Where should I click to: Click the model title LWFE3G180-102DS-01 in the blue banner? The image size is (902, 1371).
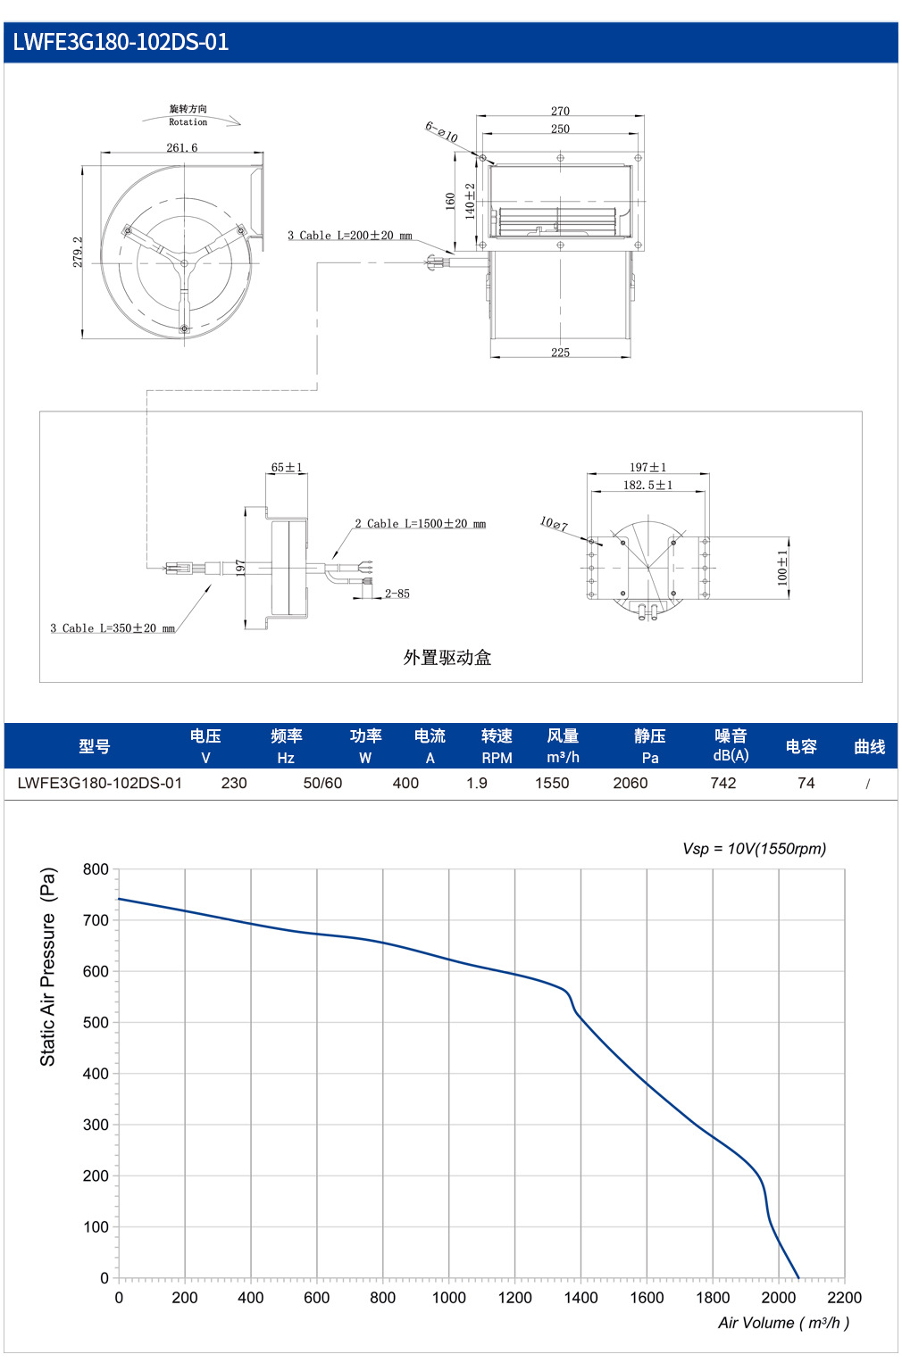[121, 42]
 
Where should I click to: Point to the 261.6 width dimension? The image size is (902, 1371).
[182, 147]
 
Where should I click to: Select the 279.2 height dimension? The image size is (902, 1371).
[78, 252]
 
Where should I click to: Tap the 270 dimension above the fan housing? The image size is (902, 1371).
[560, 111]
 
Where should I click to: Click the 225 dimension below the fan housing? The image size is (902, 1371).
[560, 353]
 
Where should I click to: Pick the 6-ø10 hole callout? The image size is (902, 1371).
[441, 131]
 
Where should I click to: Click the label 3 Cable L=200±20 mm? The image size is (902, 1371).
[350, 235]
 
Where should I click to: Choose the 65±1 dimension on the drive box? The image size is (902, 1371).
[287, 468]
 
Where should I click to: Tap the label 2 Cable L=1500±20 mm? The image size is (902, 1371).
[420, 524]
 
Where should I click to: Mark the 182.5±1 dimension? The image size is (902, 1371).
[647, 486]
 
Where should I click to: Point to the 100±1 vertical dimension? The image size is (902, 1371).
[782, 568]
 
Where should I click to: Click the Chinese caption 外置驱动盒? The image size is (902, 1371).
[447, 658]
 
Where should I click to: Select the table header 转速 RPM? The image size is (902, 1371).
[497, 746]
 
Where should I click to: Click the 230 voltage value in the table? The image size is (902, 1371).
[234, 784]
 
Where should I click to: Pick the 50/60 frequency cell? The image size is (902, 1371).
[322, 784]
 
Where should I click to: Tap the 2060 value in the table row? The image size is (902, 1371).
[631, 784]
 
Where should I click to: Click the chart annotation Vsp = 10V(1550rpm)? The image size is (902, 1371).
[754, 849]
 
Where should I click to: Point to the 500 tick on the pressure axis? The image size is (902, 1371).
[96, 1023]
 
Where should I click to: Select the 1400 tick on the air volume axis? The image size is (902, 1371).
[580, 1298]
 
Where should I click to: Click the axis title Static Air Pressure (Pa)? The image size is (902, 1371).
[47, 967]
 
